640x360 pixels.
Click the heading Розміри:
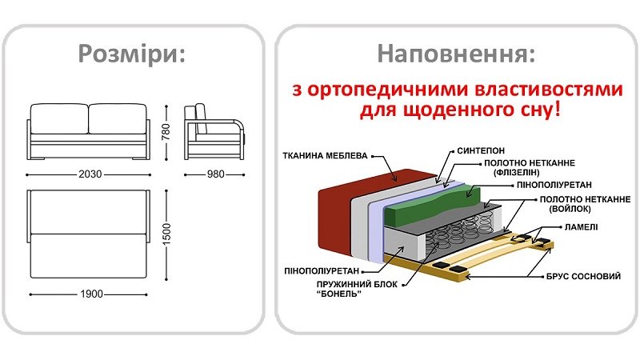click(x=132, y=54)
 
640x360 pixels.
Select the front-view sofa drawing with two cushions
click(x=88, y=132)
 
